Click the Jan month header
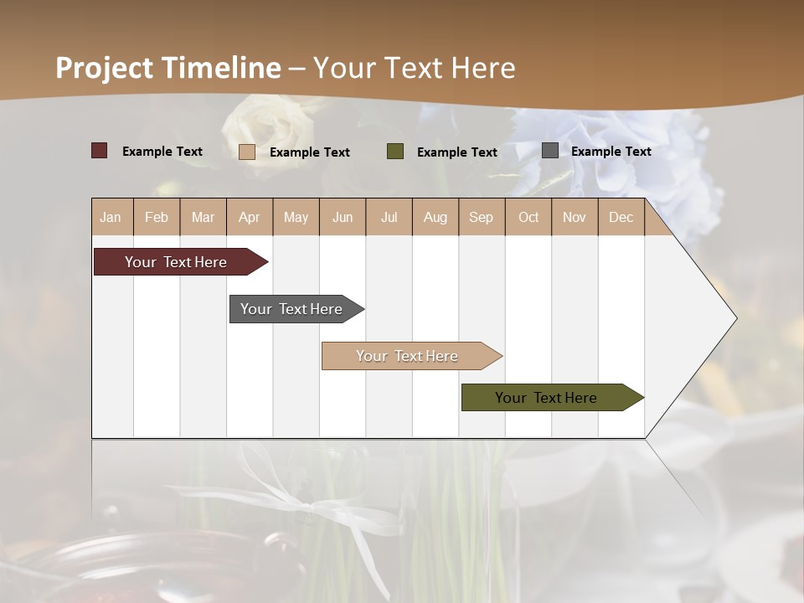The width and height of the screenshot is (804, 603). (111, 217)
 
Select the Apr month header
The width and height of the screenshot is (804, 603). (249, 217)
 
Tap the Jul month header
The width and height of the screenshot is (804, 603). (389, 217)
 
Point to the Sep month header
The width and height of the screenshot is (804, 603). (481, 217)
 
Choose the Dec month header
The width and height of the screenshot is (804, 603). (621, 217)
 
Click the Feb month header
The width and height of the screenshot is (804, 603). (157, 217)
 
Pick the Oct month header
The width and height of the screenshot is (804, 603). (528, 217)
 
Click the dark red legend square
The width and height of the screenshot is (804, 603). (100, 151)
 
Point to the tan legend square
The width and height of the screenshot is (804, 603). (247, 152)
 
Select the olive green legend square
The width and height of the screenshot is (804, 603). (395, 152)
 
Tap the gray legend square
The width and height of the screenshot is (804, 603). (550, 151)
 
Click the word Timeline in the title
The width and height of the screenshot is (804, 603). (221, 68)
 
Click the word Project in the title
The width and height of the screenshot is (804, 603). (105, 68)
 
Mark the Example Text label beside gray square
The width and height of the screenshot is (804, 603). (611, 151)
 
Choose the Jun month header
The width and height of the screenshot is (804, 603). (343, 217)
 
